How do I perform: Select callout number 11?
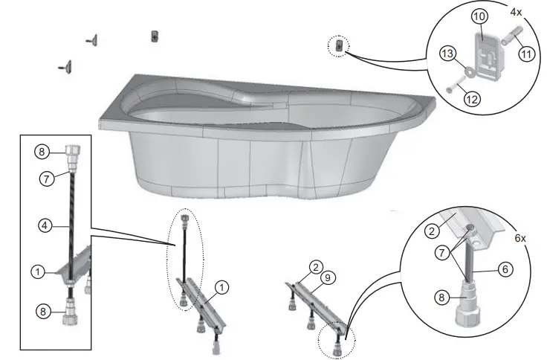coord(527,55)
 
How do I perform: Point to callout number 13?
coord(447,55)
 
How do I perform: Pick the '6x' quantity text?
coord(520,239)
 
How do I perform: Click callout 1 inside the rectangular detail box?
coord(36,272)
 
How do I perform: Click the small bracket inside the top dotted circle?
coord(338,46)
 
